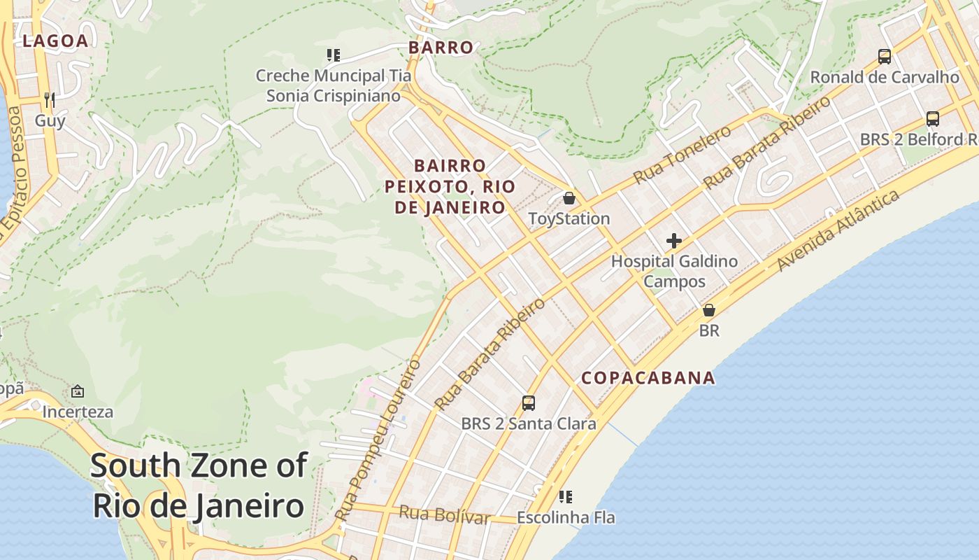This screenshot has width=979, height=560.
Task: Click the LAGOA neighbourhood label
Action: coord(55,41)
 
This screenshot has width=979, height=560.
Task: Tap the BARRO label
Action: coord(441,48)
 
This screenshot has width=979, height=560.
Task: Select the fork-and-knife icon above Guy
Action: coord(49,99)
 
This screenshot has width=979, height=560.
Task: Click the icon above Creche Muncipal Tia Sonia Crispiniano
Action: coord(333,55)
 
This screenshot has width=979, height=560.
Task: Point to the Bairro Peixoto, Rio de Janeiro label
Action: coord(450,187)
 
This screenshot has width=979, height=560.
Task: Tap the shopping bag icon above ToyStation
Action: coord(569,198)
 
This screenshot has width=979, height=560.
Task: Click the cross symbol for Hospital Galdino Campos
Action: coord(674,241)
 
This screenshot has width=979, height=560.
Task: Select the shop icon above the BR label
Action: coord(709,309)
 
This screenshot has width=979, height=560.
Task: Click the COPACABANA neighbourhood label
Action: coord(648,378)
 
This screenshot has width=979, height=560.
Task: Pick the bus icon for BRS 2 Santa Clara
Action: coord(529,403)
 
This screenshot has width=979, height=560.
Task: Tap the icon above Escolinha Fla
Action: coord(566,497)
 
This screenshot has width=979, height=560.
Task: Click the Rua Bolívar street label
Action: coord(444,514)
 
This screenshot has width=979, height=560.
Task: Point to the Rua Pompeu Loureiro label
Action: coord(378,440)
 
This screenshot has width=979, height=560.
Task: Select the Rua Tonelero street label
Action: coord(682,155)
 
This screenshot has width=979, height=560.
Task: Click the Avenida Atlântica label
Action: coord(838,231)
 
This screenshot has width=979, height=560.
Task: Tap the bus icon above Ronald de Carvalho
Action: coord(885,56)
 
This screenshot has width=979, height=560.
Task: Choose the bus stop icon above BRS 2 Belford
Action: coord(932,118)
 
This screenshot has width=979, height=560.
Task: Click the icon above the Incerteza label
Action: coord(78,391)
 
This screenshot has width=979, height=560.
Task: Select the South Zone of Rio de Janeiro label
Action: coord(199,485)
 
